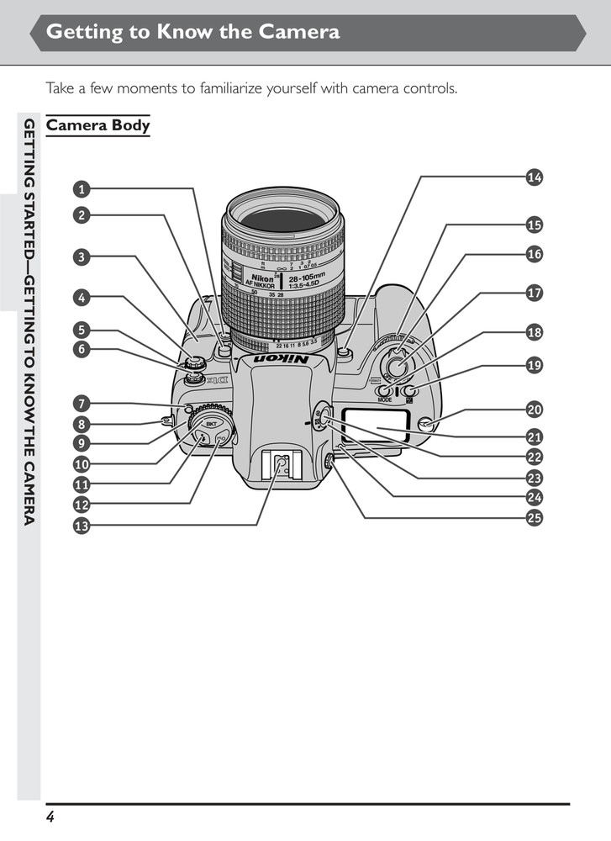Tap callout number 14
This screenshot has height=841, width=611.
coord(534,177)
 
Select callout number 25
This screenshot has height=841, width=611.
coord(534,518)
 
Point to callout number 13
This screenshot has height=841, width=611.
coord(81,526)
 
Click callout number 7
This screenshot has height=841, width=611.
coord(81,403)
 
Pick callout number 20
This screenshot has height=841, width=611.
coord(534,410)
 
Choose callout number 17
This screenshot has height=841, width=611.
coord(534,294)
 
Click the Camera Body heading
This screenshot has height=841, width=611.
coord(97,126)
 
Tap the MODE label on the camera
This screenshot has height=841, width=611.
coord(384,400)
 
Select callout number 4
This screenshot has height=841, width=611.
coord(81,297)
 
